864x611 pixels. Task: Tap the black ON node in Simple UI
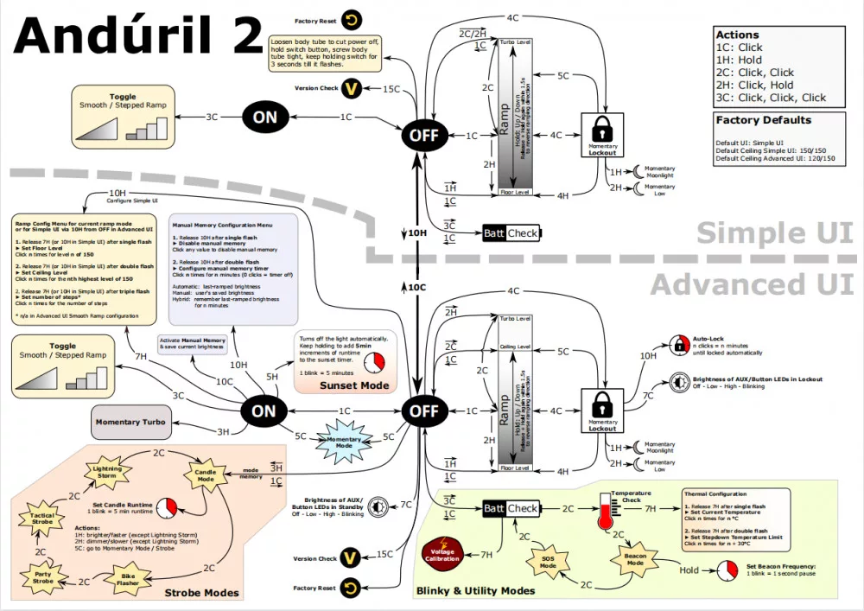pyautogui.click(x=265, y=118)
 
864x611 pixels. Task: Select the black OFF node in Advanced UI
pyautogui.click(x=423, y=411)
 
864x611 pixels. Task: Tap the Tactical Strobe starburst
pyautogui.click(x=41, y=519)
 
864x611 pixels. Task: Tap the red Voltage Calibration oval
pyautogui.click(x=443, y=553)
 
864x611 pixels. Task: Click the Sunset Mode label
pyautogui.click(x=354, y=385)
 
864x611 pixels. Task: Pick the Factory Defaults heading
pyautogui.click(x=764, y=120)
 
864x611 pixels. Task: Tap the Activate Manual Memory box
pyautogui.click(x=192, y=344)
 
